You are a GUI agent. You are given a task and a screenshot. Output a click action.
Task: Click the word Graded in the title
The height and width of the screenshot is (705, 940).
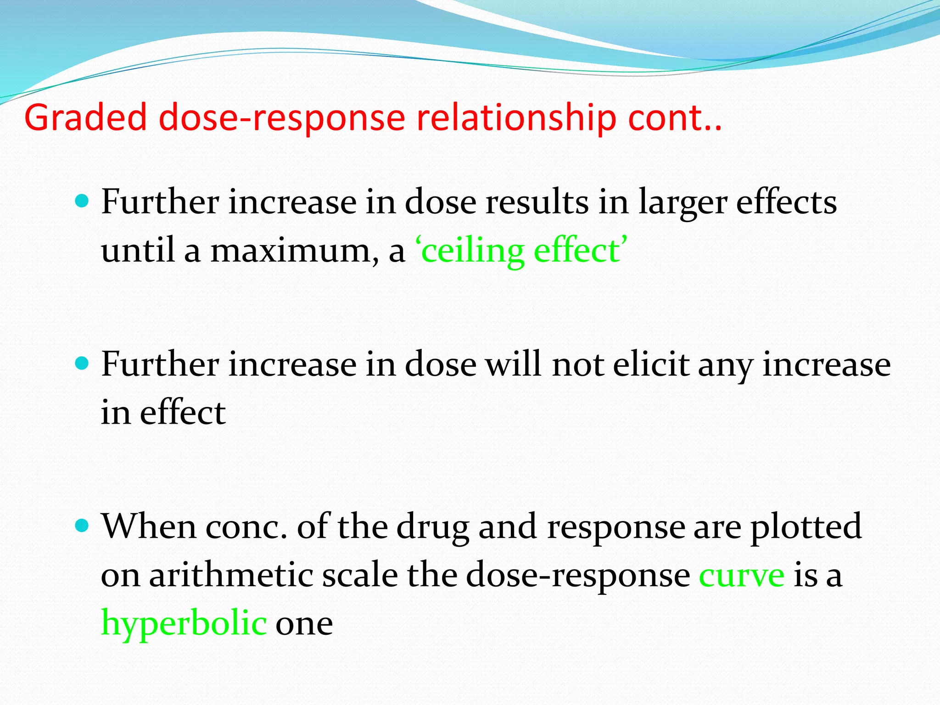point(85,118)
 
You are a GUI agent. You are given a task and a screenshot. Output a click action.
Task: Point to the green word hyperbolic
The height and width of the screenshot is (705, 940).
point(184,623)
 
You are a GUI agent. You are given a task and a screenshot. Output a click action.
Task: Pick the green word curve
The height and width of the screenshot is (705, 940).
point(741,575)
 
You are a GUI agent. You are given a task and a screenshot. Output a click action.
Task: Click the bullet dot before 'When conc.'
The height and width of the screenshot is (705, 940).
point(81,526)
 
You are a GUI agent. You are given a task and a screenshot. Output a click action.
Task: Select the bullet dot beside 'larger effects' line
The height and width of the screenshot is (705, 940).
point(81,201)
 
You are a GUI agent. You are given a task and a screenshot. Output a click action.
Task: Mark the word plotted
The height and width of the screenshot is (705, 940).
point(806,527)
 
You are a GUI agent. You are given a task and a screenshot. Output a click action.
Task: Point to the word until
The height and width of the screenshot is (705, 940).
point(138,252)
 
